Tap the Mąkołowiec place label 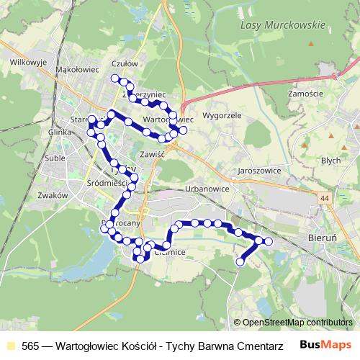pos(76,69)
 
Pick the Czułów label pos(135,64)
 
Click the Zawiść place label pos(154,154)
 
